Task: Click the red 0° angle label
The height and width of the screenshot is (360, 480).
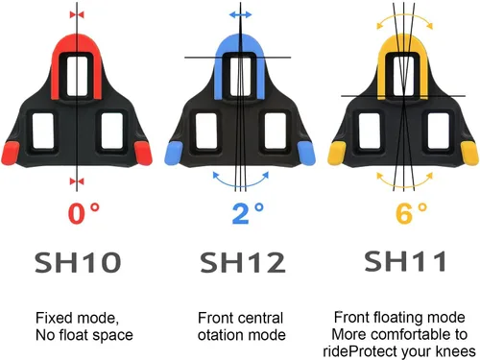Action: tap(84, 213)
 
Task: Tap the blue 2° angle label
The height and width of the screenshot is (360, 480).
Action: tap(248, 213)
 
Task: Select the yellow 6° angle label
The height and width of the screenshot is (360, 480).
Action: tap(412, 213)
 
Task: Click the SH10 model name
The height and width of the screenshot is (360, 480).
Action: tap(78, 262)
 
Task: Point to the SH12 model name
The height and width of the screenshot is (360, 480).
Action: tap(243, 262)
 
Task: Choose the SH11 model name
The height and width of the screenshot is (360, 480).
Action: tap(405, 261)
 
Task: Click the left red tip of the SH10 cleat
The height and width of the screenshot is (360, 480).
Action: tap(11, 154)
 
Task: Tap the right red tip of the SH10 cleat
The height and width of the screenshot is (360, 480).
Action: tap(143, 154)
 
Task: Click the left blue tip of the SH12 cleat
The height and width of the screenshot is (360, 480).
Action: tap(174, 154)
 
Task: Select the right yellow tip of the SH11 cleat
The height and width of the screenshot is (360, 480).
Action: tap(469, 154)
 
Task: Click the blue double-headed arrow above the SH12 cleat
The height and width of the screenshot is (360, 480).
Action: tap(240, 14)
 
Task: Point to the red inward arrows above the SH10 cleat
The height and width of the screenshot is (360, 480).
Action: tap(77, 14)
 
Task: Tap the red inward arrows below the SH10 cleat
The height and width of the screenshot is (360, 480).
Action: tap(77, 181)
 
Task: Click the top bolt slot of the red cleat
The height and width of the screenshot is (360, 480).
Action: tap(77, 76)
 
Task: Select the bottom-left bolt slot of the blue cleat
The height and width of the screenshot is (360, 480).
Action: tap(206, 131)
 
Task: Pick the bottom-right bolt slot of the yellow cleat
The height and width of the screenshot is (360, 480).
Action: tap(439, 131)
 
